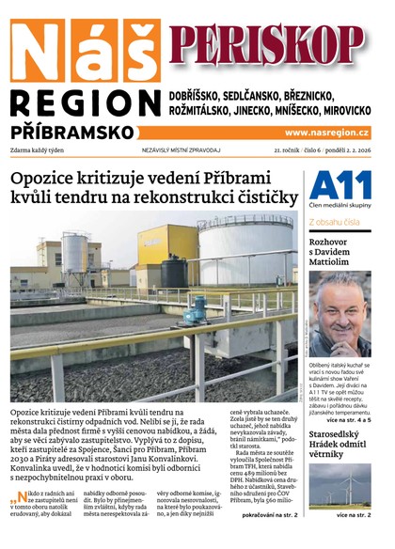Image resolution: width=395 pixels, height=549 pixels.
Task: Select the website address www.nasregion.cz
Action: coord(326,133)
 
